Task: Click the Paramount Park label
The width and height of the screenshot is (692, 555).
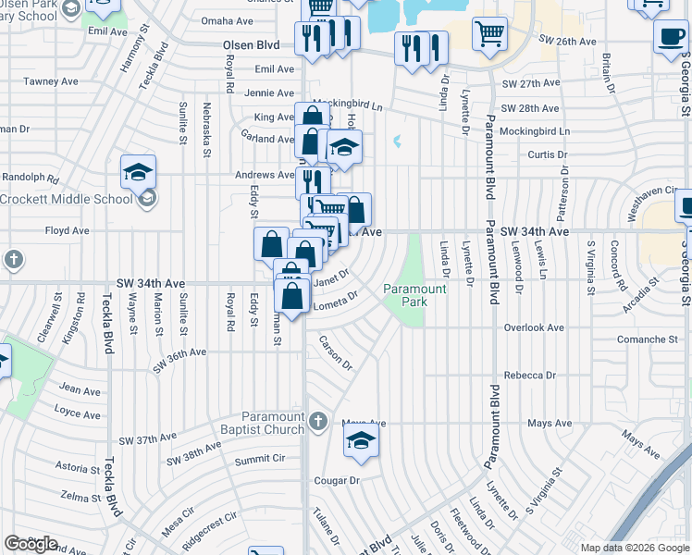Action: (415, 296)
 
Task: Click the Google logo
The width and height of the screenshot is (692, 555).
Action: (31, 544)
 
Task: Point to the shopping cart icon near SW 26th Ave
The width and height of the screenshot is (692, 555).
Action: (490, 35)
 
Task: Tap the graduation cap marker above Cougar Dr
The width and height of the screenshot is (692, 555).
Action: (361, 440)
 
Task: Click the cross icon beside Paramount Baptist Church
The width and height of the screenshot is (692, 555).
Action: (317, 422)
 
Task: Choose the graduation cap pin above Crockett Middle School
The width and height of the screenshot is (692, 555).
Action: (138, 171)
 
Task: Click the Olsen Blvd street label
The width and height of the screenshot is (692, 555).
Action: (251, 43)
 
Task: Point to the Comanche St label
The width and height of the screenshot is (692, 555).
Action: (647, 339)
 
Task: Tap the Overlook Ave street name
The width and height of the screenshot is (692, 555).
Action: (533, 327)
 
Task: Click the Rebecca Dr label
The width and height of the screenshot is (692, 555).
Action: (529, 376)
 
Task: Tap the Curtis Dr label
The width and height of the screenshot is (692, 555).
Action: (548, 154)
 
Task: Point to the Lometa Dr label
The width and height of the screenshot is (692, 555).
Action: (336, 302)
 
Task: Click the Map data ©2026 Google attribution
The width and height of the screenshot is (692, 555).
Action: (635, 548)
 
